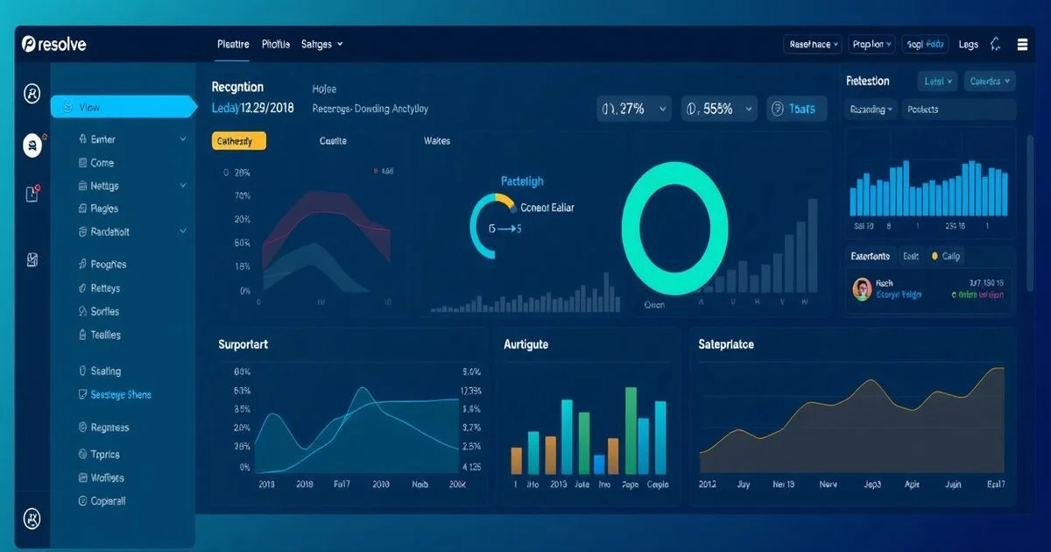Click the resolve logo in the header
point(54,44)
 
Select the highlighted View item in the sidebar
point(123,107)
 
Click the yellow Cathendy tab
point(238,141)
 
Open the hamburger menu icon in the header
point(1022,44)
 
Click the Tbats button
point(796,109)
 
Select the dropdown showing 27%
point(634,109)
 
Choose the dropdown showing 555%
point(719,109)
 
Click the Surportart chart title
point(243,344)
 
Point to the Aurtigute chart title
point(525,344)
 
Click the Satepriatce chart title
point(726,344)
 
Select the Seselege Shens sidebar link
point(121,395)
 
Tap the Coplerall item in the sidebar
point(108,501)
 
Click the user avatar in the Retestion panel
point(862,289)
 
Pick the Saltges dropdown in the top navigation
point(321,44)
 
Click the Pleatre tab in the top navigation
point(233,44)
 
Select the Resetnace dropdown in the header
point(814,44)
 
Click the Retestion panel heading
point(868,81)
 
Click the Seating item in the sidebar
point(106,372)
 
